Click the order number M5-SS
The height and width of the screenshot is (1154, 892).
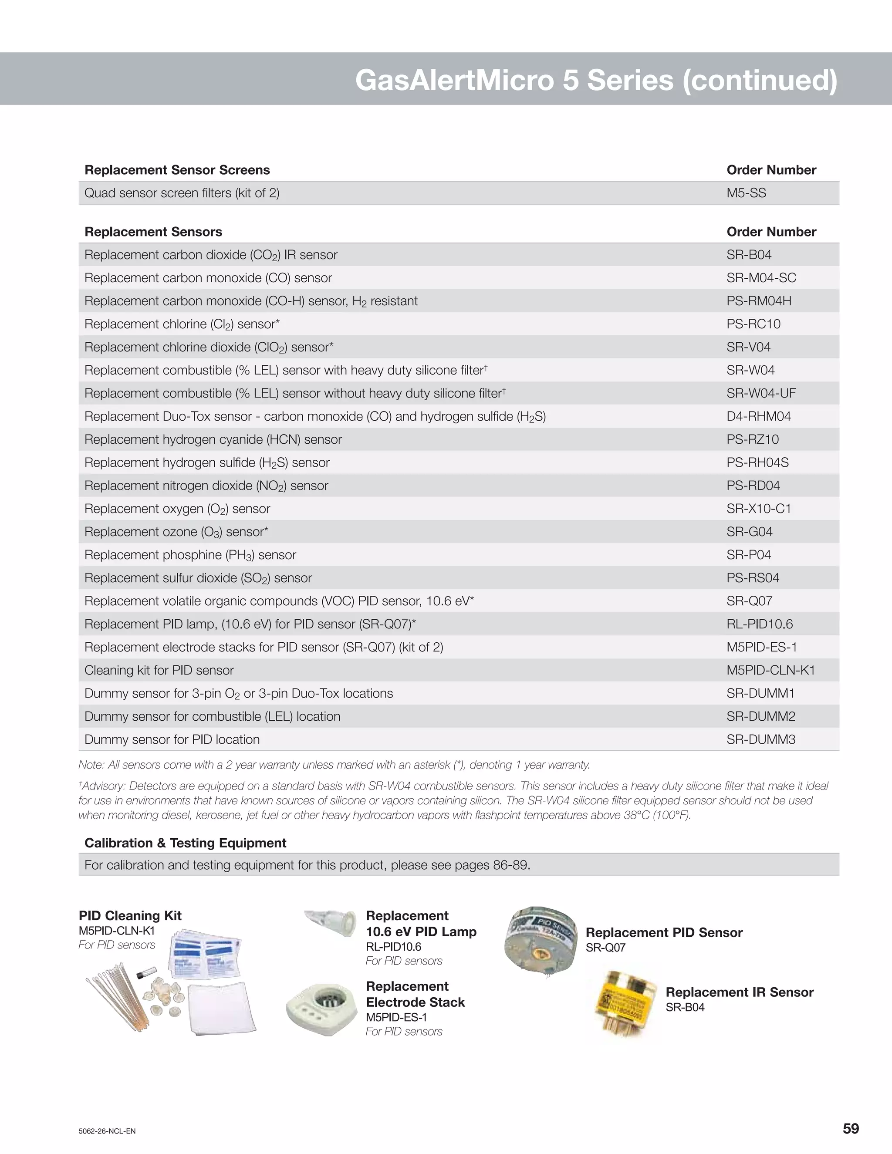746,193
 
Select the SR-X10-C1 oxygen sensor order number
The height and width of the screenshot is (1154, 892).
758,509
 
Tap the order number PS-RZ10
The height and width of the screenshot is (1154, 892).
753,440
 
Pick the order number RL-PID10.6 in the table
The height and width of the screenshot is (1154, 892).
759,624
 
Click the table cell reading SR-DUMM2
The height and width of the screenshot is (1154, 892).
760,716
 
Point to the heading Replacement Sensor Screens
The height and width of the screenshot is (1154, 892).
177,170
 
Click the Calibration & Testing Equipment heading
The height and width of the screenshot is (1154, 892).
185,843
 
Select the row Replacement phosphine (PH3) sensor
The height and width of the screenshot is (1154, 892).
190,555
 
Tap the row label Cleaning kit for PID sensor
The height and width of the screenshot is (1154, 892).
159,671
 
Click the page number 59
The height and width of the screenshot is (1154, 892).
851,1129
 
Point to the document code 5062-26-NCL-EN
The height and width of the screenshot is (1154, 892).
107,1131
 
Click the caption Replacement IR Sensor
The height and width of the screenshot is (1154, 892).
739,992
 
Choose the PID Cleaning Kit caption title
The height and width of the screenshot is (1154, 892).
130,916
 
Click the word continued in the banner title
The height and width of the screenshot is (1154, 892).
759,80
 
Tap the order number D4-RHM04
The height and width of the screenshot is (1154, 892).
758,416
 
